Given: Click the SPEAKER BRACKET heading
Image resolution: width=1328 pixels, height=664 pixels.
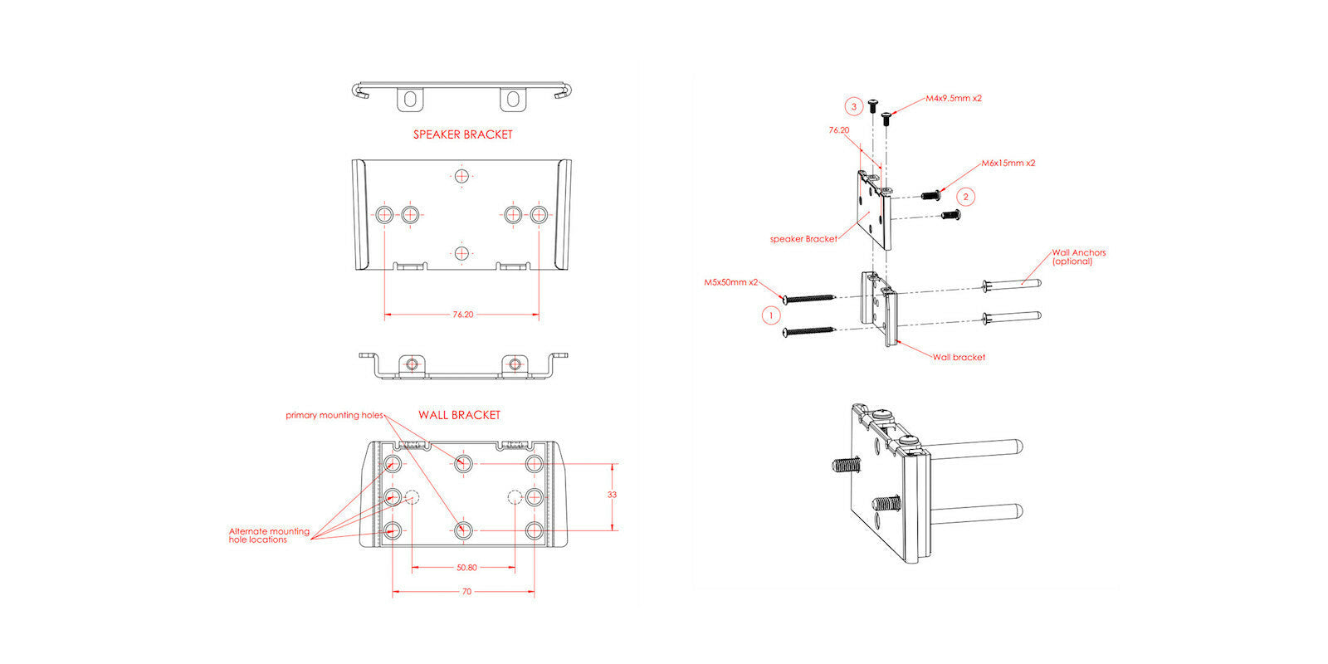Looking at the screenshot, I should (x=463, y=134).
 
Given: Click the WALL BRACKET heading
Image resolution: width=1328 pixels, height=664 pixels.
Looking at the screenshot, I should (x=459, y=415).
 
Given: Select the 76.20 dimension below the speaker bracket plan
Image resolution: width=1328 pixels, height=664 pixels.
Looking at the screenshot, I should (x=463, y=315).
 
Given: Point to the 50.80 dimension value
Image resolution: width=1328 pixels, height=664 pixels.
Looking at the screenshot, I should (x=466, y=568).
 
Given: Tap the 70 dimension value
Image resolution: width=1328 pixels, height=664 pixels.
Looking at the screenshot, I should (x=466, y=592).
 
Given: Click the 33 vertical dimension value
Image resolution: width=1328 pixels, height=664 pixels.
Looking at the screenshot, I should (x=612, y=495).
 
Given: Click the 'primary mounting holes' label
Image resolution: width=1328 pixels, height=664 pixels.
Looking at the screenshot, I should (x=334, y=415).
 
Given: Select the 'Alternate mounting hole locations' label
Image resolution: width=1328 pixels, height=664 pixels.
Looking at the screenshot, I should (x=268, y=535).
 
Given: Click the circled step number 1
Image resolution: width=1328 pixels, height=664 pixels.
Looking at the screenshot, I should (x=771, y=315).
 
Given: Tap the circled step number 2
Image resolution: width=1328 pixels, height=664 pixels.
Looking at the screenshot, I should (x=964, y=197).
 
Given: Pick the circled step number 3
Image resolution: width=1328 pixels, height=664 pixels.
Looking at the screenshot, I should (x=853, y=106).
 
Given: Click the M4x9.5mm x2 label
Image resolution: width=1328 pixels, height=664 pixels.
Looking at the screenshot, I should (x=954, y=98).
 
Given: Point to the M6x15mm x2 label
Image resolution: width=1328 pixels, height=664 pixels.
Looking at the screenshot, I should (x=1008, y=164).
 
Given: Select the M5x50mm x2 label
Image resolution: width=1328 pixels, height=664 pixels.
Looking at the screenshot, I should (x=731, y=282).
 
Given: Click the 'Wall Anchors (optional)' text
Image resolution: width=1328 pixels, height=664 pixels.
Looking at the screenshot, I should (x=1078, y=256).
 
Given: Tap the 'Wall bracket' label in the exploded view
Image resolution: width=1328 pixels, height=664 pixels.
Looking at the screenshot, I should (x=959, y=358).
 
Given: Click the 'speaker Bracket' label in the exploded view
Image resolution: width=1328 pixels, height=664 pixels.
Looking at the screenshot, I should (x=803, y=239).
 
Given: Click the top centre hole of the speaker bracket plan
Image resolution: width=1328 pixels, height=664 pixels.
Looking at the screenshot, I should (x=461, y=176).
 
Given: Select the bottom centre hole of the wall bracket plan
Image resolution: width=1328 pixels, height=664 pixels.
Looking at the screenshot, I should (x=463, y=530).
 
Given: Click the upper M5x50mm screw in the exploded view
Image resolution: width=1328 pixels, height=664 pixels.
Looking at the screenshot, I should (x=808, y=297).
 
